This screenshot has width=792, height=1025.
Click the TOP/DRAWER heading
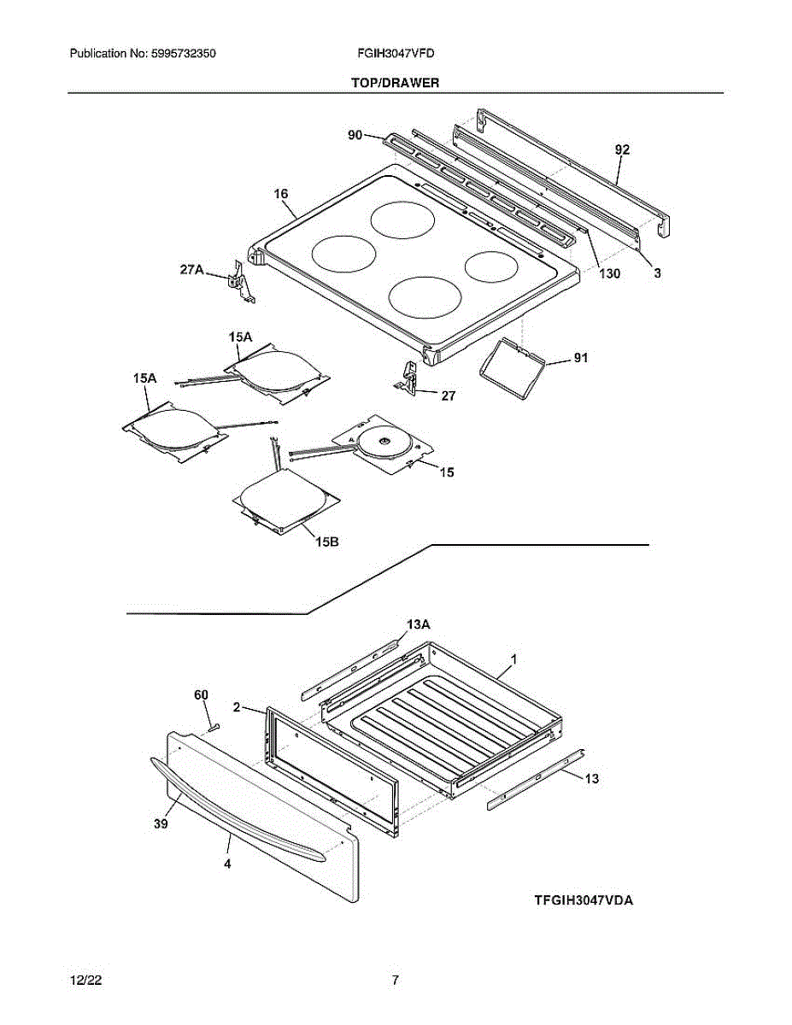pyautogui.click(x=395, y=83)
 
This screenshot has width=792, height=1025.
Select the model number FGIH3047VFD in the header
pyautogui.click(x=396, y=53)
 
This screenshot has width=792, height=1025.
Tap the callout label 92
pyautogui.click(x=622, y=149)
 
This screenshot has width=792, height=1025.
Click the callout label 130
pyautogui.click(x=609, y=274)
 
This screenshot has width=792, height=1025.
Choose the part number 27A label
pyautogui.click(x=191, y=270)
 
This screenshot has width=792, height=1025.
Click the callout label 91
pyautogui.click(x=581, y=359)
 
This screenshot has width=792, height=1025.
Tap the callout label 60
pyautogui.click(x=202, y=695)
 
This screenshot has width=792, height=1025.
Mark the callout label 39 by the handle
pyautogui.click(x=161, y=823)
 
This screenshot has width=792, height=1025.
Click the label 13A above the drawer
pyautogui.click(x=418, y=625)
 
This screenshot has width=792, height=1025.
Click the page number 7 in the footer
pyautogui.click(x=395, y=981)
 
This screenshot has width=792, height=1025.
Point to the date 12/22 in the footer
pyautogui.click(x=81, y=981)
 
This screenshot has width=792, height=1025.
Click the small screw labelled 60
pyautogui.click(x=214, y=725)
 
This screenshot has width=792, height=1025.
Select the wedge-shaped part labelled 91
pyautogui.click(x=509, y=365)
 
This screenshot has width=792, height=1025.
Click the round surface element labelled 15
pyautogui.click(x=380, y=441)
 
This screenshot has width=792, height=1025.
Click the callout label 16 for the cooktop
pyautogui.click(x=281, y=194)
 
